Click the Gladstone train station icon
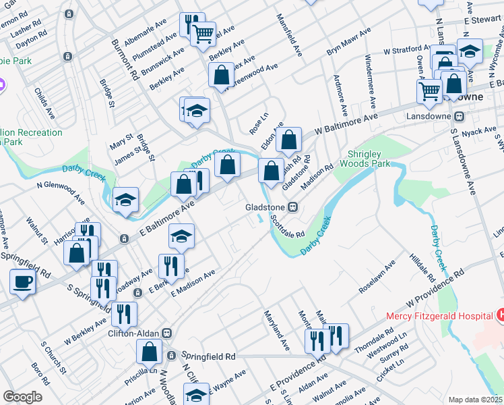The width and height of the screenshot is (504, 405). coord(293,207)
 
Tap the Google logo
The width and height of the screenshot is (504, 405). coord(22,397)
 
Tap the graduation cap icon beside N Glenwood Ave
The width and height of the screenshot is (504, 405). coord(126,199)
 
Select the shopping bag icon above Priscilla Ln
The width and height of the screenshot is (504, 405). coord(150,351)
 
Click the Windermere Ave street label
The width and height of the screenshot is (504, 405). coord(369,81)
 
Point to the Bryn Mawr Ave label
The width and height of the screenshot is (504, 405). coord(348,42)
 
